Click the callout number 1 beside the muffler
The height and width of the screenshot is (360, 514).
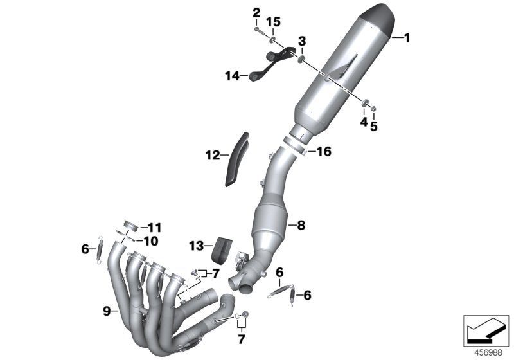[x=407, y=38]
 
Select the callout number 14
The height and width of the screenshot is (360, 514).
[x=232, y=76]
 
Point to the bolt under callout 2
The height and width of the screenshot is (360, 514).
[x=259, y=30]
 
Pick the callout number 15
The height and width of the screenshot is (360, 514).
[x=273, y=22]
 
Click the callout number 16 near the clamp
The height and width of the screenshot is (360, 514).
[x=324, y=152]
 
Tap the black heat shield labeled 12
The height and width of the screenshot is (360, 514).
[x=236, y=159]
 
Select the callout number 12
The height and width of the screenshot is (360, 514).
[x=213, y=155]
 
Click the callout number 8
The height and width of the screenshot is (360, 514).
[x=301, y=225]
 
